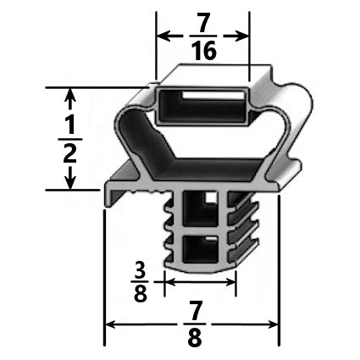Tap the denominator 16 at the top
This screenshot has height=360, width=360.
[203, 51]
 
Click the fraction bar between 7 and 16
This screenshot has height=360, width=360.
[203, 36]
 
